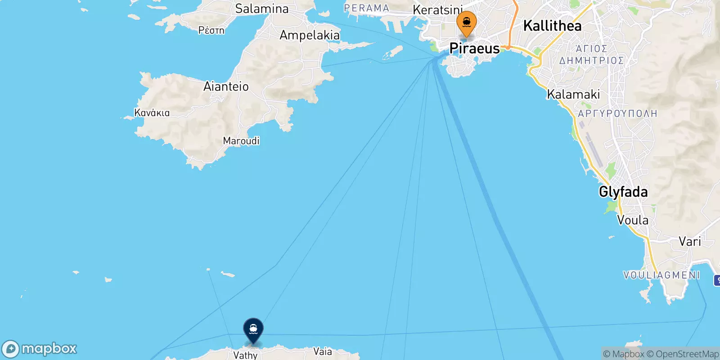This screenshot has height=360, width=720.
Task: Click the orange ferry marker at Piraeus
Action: tap(467, 22)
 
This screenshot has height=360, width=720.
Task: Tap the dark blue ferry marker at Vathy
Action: tap(253, 329)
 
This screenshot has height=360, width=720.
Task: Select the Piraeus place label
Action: tap(475, 48)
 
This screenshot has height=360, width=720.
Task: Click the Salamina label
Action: tap(262, 9)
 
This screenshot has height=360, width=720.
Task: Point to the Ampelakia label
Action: tap(310, 35)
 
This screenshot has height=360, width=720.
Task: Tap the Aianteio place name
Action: tap(226, 86)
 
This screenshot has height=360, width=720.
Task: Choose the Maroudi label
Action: tap(241, 141)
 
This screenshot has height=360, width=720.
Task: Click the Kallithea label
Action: tap(552, 26)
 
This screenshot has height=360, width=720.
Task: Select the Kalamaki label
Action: tap(573, 94)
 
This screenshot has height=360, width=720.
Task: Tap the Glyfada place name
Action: tap(623, 192)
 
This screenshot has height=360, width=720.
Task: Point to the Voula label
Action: tap(633, 220)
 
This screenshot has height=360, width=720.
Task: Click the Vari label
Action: tap(690, 241)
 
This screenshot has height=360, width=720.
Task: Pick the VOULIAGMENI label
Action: tap(661, 275)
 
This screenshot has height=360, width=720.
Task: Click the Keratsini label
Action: tap(437, 9)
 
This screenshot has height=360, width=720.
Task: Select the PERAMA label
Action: tap(366, 8)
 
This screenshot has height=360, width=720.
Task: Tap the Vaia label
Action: tap(323, 351)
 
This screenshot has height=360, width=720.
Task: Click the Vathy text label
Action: tap(245, 355)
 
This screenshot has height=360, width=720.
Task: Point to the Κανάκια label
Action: tap(152, 112)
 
